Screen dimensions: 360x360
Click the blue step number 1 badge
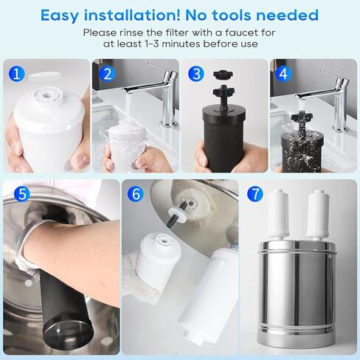pos(16,74)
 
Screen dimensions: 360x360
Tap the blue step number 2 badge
pos(107,74)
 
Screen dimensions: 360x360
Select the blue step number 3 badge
pos(196,74)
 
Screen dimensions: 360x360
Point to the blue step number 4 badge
pos(283,74)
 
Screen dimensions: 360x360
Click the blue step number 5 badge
pos(22,194)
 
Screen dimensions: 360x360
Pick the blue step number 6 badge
pos(136,194)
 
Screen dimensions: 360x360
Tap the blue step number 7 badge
pos(255,194)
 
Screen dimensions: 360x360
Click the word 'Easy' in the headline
pos(60,15)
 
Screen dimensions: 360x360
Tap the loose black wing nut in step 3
pos(224,74)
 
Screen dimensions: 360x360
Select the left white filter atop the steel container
pos(280,215)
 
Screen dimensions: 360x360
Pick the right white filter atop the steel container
pos(318,215)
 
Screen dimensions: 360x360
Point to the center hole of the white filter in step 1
pos(46,94)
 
